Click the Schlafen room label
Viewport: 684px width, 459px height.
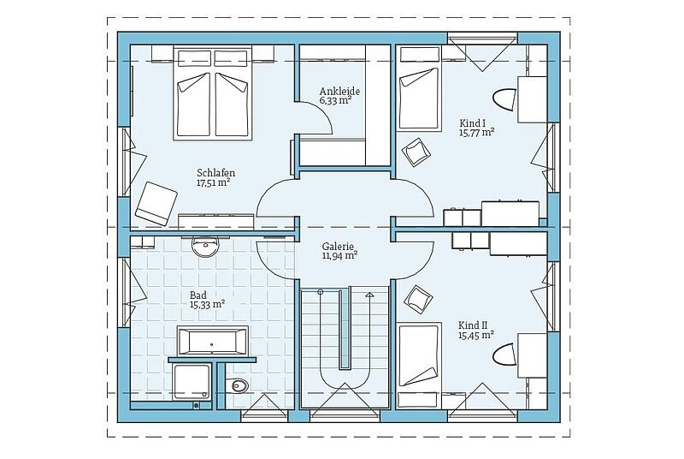pyautogui.click(x=216, y=172)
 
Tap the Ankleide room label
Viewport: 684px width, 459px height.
pyautogui.click(x=339, y=92)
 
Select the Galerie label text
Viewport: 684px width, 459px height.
pyautogui.click(x=338, y=247)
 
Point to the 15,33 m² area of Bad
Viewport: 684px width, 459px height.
pyautogui.click(x=207, y=304)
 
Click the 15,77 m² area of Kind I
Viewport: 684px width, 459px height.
pyautogui.click(x=476, y=133)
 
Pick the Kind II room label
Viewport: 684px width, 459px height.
pyautogui.click(x=473, y=325)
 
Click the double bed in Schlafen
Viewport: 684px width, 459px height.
pyautogui.click(x=213, y=93)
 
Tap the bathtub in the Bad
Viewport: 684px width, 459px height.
pyautogui.click(x=212, y=341)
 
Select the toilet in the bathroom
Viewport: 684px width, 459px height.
pyautogui.click(x=239, y=384)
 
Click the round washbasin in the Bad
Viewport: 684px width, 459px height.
pyautogui.click(x=204, y=247)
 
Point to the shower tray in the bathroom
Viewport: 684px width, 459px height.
pyautogui.click(x=192, y=382)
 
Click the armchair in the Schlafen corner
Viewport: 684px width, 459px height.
pyautogui.click(x=156, y=203)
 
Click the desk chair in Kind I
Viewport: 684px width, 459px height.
pyautogui.click(x=504, y=99)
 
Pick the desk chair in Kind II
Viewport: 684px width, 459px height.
pyautogui.click(x=504, y=355)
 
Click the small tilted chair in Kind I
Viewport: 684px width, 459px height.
pyautogui.click(x=416, y=152)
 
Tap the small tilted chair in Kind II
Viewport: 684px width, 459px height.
pyautogui.click(x=418, y=300)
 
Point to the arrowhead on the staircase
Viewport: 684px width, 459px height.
pyautogui.click(x=370, y=295)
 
